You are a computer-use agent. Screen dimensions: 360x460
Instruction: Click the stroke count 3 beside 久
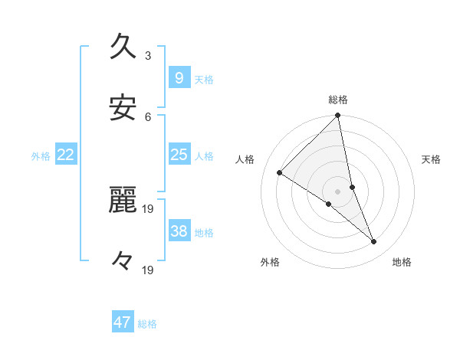coord(148,55)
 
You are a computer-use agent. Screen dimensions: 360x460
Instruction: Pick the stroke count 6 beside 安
coord(148,116)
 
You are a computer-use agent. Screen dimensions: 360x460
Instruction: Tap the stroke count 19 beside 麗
coord(149,208)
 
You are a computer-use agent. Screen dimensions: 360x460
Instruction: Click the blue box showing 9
coord(179,77)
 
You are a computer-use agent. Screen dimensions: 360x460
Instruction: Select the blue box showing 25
coord(179,155)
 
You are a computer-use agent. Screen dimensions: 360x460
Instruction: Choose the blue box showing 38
coord(179,231)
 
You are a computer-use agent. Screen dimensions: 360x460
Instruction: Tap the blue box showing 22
coord(66,155)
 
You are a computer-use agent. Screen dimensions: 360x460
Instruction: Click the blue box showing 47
coord(123,322)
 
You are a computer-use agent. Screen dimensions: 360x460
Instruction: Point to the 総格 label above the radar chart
coord(338,100)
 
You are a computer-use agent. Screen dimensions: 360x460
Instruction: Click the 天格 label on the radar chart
coord(432,159)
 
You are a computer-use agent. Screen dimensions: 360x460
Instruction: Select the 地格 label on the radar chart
coord(402,262)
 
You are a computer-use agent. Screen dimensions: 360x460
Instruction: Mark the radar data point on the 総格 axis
coord(338,116)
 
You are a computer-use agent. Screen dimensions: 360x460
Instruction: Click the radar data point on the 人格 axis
coord(280,172)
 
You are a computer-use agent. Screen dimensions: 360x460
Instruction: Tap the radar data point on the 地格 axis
coord(374,242)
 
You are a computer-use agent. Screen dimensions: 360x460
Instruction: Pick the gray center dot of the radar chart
coord(338,191)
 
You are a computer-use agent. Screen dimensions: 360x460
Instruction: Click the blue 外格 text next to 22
coord(41,156)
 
